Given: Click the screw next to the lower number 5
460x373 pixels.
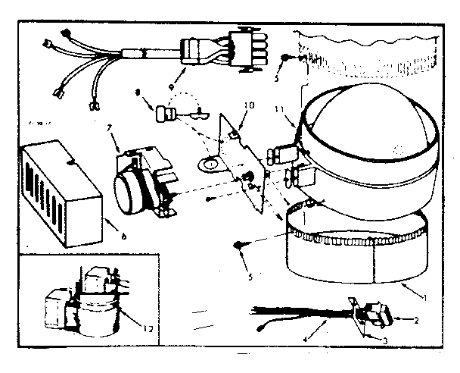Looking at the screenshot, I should pyautogui.click(x=239, y=244).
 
